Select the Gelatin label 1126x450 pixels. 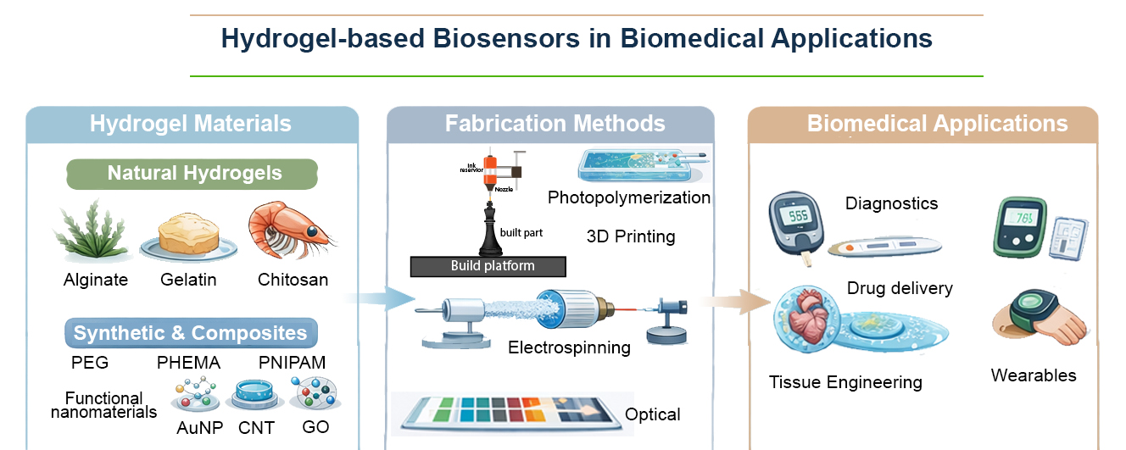(x=187, y=280)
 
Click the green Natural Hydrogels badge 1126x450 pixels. (x=194, y=175)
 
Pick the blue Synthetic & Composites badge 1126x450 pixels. (x=191, y=333)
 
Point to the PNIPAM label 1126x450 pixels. (x=292, y=363)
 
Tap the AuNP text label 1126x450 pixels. (x=200, y=428)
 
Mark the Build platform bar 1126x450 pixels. (x=488, y=266)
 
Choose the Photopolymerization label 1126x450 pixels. (x=628, y=197)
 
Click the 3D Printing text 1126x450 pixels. (x=630, y=236)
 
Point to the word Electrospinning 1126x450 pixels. (x=569, y=347)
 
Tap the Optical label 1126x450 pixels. (x=652, y=414)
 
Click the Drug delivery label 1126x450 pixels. (x=900, y=288)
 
